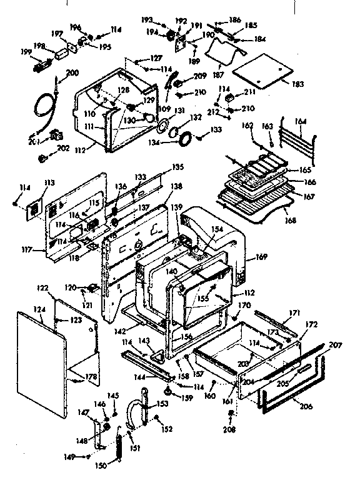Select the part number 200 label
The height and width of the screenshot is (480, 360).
[72, 73]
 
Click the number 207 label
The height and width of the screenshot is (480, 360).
[336, 344]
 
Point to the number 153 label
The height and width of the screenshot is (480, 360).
[162, 404]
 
